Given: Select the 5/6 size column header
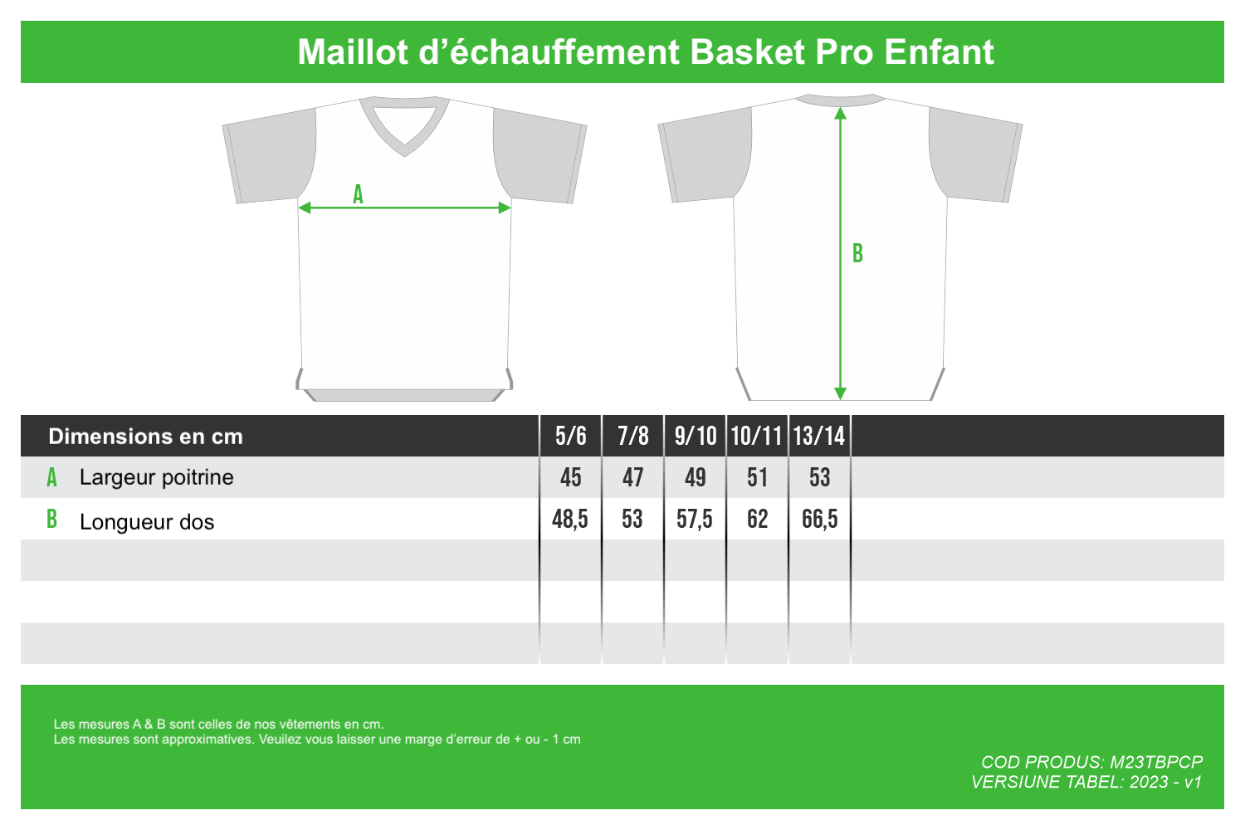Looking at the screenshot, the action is pos(571,436).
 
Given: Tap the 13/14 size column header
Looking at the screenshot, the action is pos(819,436).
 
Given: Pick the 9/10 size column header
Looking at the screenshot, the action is pos(696,436).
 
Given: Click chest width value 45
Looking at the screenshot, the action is pos(571,477).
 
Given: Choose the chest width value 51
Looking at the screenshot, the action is pos(757,477).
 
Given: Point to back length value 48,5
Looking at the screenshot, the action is pos(570,520).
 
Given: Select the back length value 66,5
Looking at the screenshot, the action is pos(820,520).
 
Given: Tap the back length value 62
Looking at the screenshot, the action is pos(757,520).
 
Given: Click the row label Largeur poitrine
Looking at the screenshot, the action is pos(156,477).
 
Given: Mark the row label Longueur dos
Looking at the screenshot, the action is pos(147,522).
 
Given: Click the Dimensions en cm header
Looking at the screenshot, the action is pos(145,437).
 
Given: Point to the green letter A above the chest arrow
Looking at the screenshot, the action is pos(358,194).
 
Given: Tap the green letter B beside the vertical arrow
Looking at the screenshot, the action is pos(857,253).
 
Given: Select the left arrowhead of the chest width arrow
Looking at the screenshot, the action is pos(304,208).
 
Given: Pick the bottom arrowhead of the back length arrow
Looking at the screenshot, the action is pos(840,393).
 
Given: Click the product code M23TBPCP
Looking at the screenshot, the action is pos(1156,762).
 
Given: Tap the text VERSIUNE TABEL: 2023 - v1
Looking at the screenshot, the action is pos(1086,782).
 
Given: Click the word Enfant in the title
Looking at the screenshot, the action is pos(939,51).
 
